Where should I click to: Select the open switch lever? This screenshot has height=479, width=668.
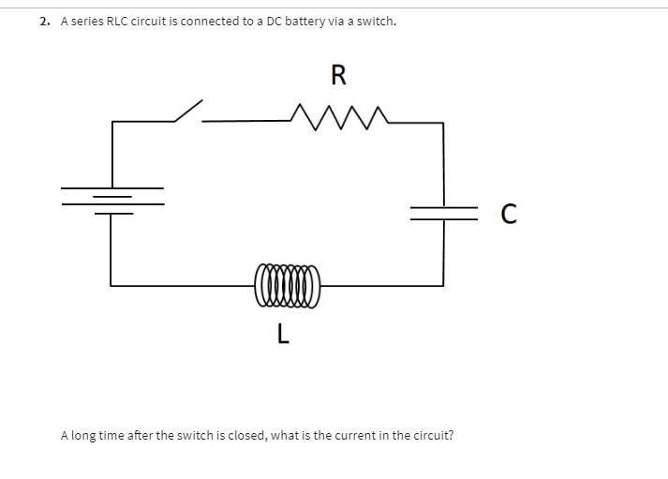(188, 110)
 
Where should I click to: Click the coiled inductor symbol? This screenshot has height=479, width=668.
(286, 282)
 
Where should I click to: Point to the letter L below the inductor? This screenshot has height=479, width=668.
(283, 333)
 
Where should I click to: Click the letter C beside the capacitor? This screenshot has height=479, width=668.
(507, 214)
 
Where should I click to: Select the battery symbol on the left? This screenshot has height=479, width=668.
(111, 199)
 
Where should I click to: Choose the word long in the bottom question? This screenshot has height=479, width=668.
(85, 436)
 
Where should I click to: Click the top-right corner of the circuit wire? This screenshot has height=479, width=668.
(443, 122)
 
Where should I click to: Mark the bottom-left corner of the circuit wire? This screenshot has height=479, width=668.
(111, 283)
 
